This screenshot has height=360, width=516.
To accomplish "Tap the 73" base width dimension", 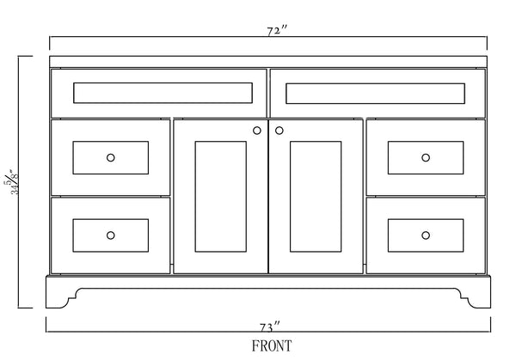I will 271,326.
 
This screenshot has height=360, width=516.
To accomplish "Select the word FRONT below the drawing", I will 271,346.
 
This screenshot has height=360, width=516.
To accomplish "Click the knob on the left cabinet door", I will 257,131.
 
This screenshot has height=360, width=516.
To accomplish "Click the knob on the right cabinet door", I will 279,131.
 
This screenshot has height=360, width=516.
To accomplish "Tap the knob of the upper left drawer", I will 110,157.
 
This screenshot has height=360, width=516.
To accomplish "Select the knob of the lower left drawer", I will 110,235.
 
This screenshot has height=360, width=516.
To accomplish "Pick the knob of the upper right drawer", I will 426,157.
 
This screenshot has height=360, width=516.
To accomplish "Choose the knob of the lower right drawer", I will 426,235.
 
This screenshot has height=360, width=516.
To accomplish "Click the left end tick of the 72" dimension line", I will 50,43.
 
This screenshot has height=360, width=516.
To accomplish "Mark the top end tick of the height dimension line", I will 25,57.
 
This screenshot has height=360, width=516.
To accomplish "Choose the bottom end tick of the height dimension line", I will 25,307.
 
